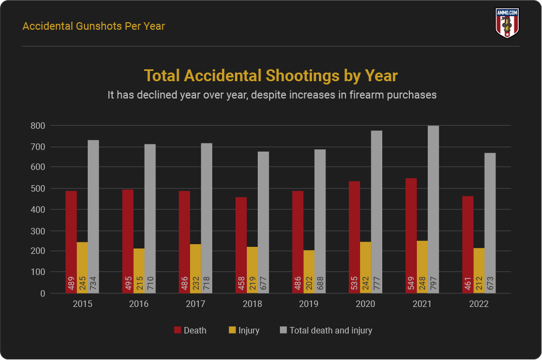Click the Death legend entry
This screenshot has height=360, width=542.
pyautogui.click(x=190, y=330)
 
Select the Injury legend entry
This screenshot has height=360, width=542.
pyautogui.click(x=244, y=330)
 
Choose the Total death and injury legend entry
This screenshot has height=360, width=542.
pyautogui.click(x=325, y=330)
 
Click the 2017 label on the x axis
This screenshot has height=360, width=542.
pyautogui.click(x=195, y=304)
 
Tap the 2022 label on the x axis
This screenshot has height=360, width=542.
pyautogui.click(x=479, y=304)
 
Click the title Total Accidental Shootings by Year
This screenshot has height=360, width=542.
pyautogui.click(x=271, y=76)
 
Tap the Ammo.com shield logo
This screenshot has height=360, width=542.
pyautogui.click(x=507, y=23)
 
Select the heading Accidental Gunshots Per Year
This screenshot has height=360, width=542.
pyautogui.click(x=94, y=26)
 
